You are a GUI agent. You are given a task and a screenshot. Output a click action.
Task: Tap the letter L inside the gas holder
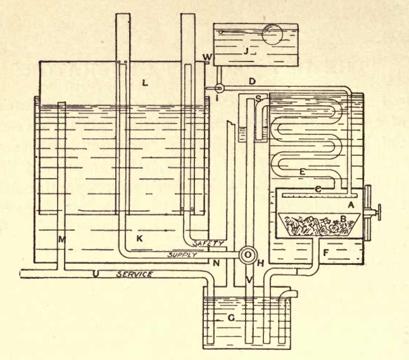tap(146, 83)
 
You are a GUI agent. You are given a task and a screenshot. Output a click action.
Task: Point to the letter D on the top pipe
tap(251, 82)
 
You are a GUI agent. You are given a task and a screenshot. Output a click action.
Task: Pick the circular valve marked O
tap(248, 253)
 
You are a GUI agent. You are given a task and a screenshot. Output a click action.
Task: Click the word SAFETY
tap(212, 243)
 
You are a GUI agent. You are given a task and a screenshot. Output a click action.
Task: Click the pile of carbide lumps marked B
tap(317, 225)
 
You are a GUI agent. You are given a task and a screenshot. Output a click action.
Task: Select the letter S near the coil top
tap(259, 98)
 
